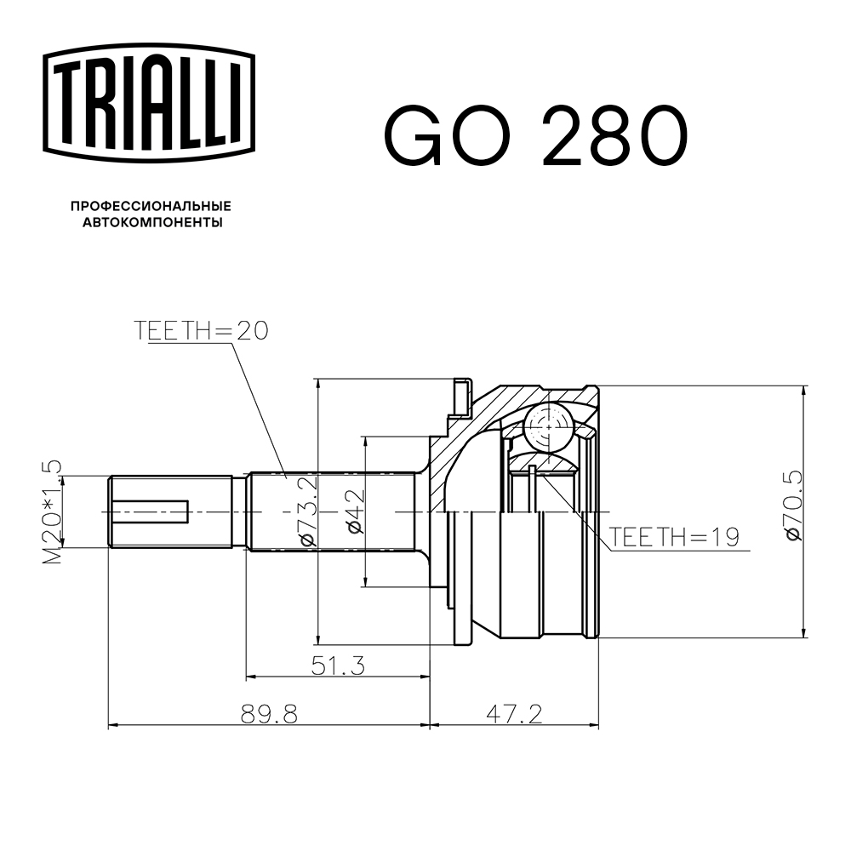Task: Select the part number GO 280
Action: pyautogui.click(x=534, y=136)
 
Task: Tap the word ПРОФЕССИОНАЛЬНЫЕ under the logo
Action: pyautogui.click(x=151, y=207)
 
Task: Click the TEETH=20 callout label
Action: pyautogui.click(x=201, y=330)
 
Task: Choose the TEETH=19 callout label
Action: pyautogui.click(x=674, y=538)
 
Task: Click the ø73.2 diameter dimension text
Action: pyautogui.click(x=307, y=511)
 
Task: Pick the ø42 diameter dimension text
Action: pyautogui.click(x=355, y=511)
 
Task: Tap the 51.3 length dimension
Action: pyautogui.click(x=337, y=666)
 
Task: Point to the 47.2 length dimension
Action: pyautogui.click(x=514, y=714)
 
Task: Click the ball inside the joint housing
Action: pyautogui.click(x=547, y=423)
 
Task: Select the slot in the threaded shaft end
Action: pyautogui.click(x=151, y=511)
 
